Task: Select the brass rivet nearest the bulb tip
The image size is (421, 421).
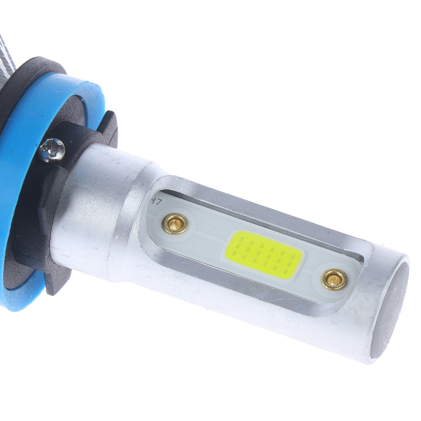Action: [334, 279]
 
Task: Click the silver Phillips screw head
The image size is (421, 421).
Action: [53, 150]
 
